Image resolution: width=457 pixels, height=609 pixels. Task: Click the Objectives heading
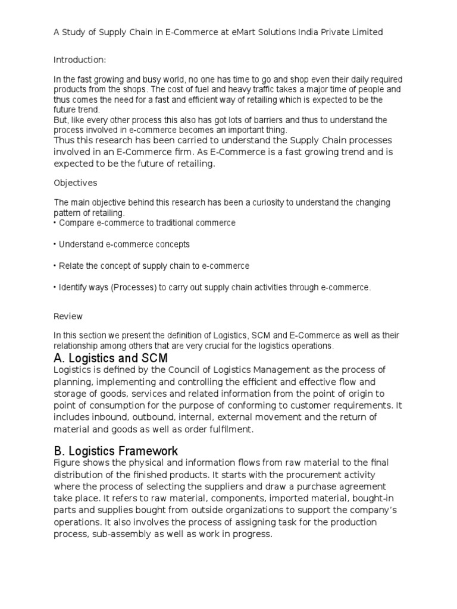76,183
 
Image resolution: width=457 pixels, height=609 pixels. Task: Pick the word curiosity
261,203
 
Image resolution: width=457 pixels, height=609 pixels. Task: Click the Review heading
68,316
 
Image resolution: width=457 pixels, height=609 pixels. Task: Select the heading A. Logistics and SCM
111,358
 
